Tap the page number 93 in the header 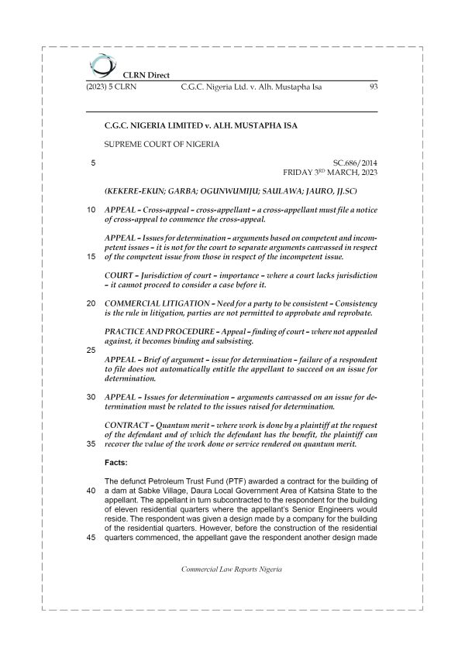tap(372, 87)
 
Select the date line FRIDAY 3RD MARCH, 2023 tap(332, 173)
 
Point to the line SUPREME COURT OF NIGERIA tap(162, 144)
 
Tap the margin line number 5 tap(93, 163)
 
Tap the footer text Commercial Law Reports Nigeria tap(232, 569)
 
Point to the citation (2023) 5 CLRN tap(112, 87)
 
